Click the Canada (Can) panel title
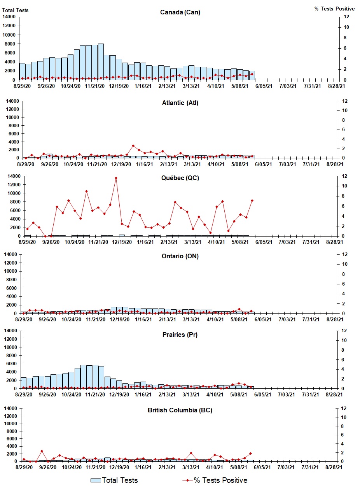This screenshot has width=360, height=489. [x=180, y=12]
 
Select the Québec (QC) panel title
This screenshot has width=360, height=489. [x=180, y=178]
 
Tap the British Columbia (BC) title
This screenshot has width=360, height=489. [x=180, y=410]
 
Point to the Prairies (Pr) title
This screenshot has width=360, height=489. [x=180, y=335]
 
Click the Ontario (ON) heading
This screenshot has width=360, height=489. [x=180, y=256]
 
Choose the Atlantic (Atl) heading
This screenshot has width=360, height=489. [x=180, y=103]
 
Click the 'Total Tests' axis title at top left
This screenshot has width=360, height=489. [x=16, y=10]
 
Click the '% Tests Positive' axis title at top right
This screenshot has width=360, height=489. [x=334, y=9]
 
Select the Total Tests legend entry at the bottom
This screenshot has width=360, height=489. [x=114, y=480]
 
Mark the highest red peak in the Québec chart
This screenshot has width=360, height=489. [x=116, y=178]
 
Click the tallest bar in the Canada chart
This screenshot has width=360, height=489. [x=101, y=62]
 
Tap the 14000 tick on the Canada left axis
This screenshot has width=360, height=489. [x=9, y=17]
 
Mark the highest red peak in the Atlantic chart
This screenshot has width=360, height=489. [x=133, y=146]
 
